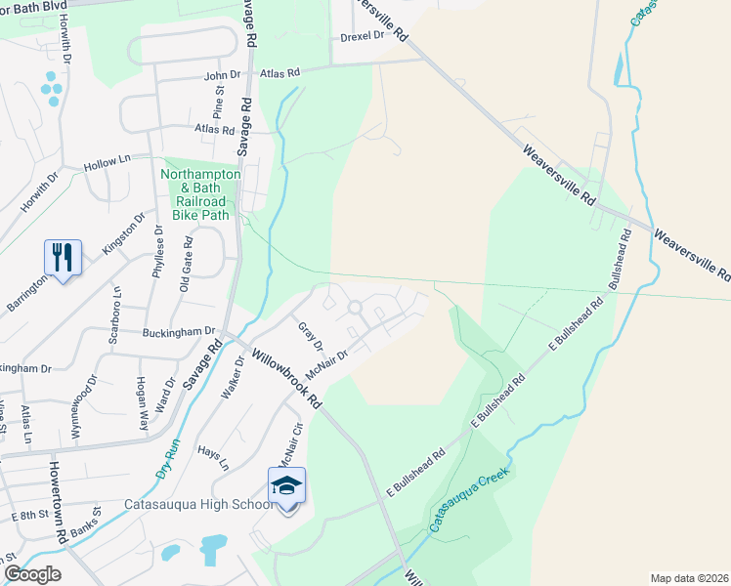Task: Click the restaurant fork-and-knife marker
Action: point(63,258)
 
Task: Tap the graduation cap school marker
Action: point(286,485)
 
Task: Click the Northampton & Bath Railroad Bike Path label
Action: point(199,193)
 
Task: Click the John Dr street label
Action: point(222,74)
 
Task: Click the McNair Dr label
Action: point(326,365)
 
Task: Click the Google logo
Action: point(32,573)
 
